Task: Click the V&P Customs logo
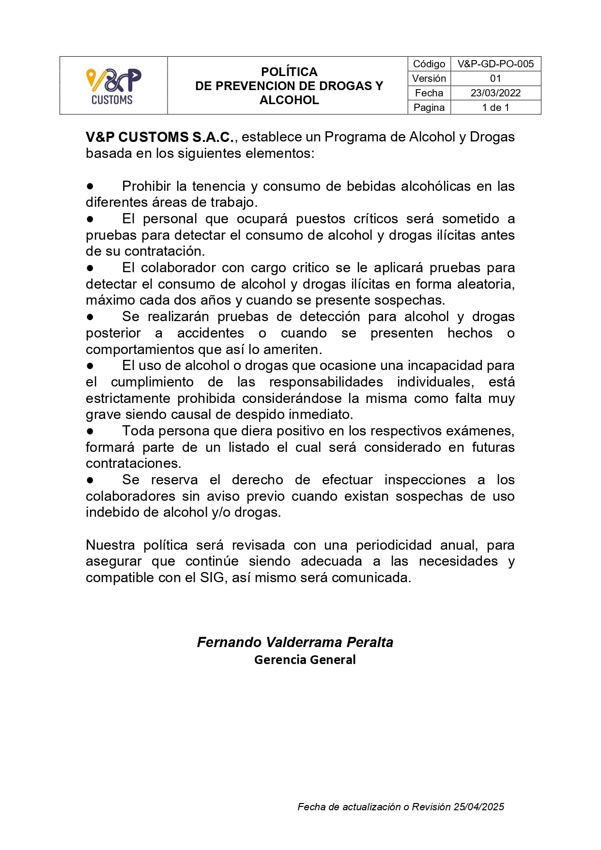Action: tap(113, 86)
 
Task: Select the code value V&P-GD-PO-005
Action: tap(495, 64)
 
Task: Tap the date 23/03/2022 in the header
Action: tap(495, 93)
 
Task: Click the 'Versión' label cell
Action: tap(429, 78)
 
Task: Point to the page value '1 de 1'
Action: tap(495, 108)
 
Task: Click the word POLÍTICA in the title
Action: tap(289, 72)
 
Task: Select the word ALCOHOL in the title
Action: tap(289, 100)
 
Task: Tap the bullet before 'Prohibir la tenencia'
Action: tap(90, 186)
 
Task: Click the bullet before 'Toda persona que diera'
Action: tap(90, 431)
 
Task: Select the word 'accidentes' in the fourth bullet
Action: tap(211, 333)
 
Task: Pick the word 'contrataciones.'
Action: tap(133, 464)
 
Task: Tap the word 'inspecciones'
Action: tap(425, 480)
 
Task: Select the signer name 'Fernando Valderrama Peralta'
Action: tap(295, 642)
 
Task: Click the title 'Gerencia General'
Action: tap(305, 660)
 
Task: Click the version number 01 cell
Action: tap(495, 78)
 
